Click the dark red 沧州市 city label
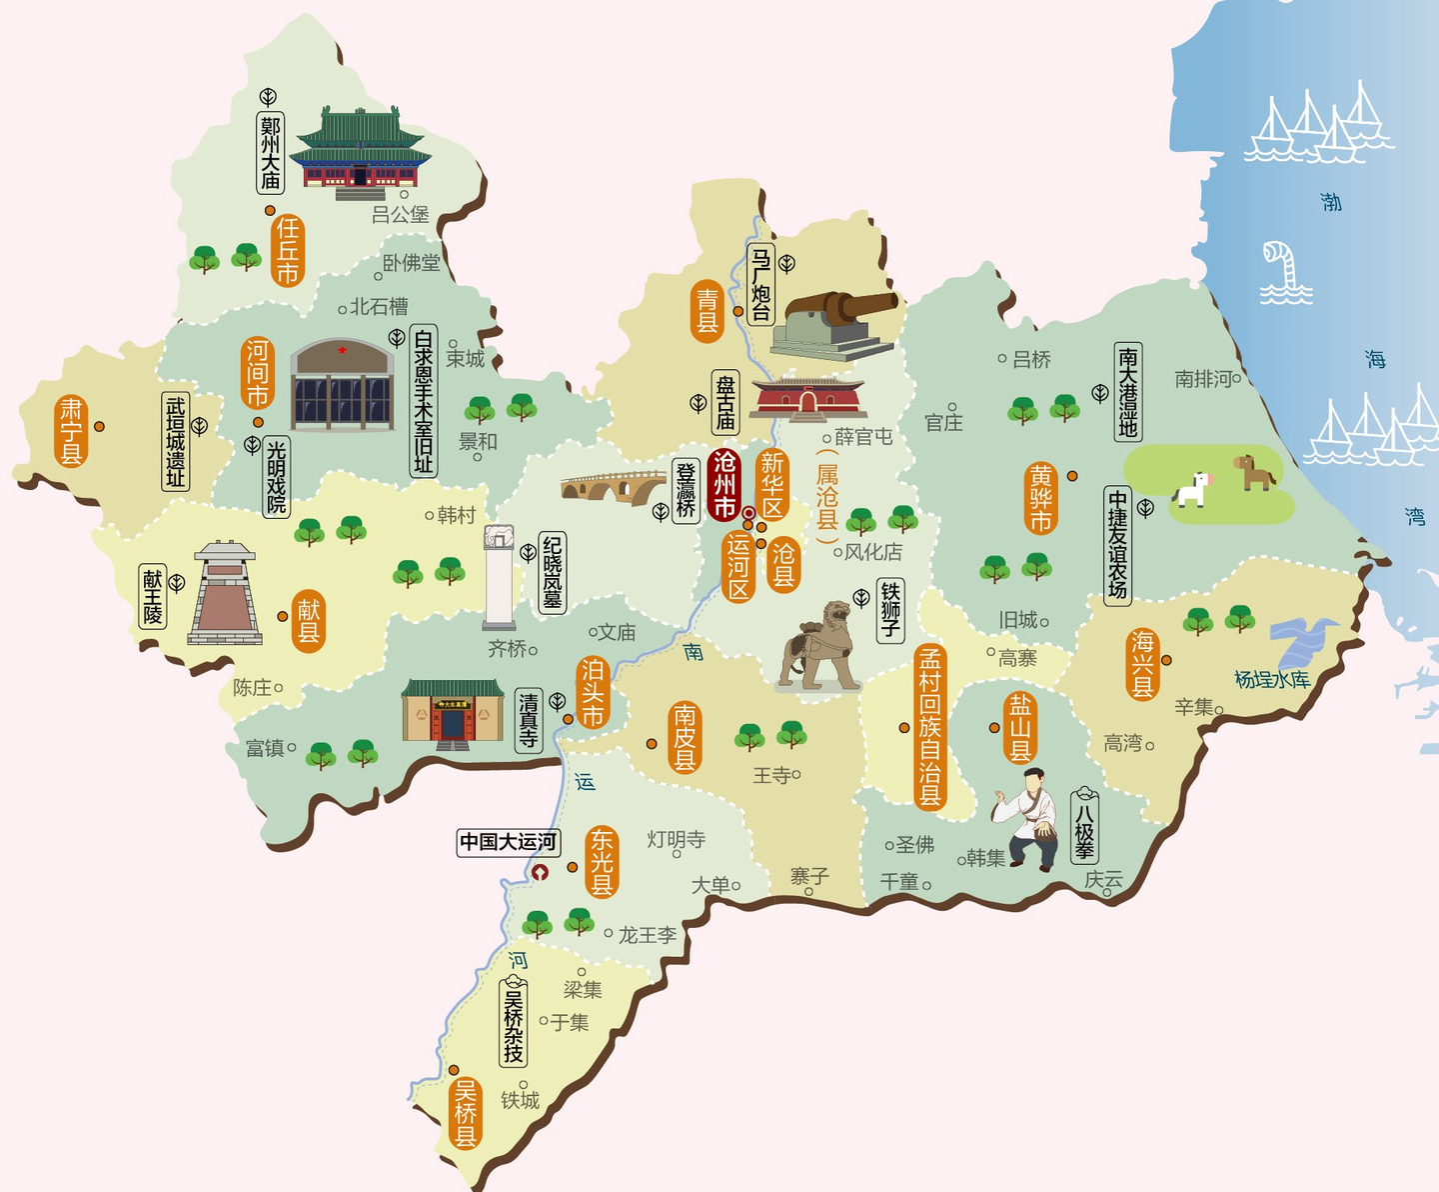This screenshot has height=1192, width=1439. pos(723,484)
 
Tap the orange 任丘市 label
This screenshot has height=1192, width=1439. pos(287,250)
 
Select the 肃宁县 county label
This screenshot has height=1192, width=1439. pos(71,431)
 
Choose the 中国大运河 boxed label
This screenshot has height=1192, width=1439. pos(508,842)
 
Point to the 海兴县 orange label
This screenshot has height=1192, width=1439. pos(1142,663)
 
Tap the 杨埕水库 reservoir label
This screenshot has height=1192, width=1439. pos(1272,680)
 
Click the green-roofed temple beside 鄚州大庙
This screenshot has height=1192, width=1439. pos(359,150)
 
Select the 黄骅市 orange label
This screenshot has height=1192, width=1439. pos(1041,498)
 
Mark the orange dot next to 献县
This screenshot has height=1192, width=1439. pos(283,617)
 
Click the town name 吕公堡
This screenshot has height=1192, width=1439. pos(400,214)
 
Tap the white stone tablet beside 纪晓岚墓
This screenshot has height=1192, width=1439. pos(499,577)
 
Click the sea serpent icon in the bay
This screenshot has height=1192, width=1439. pos(1284,270)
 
